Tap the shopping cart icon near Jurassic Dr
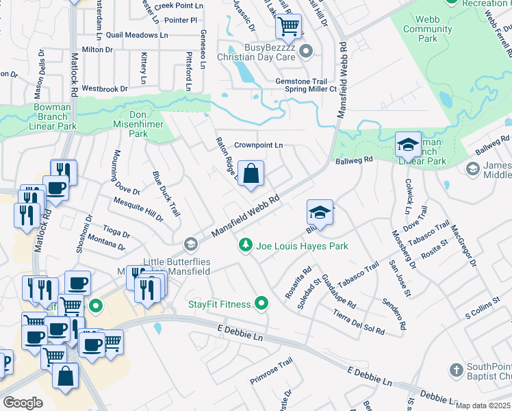288,27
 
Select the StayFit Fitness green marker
261,302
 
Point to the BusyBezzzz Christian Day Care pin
306,50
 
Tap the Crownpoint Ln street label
258,145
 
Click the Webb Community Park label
428,29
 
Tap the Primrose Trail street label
271,371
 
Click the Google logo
23,403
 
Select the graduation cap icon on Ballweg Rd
408,145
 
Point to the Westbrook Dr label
105,88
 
